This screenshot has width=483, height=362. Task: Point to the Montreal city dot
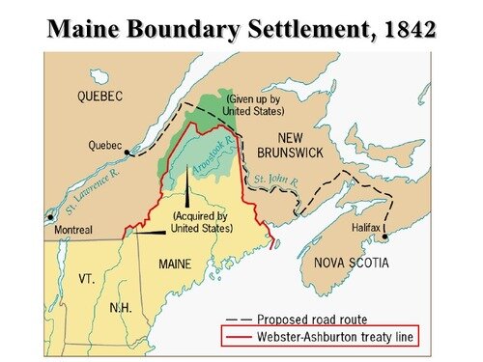coord(49,217)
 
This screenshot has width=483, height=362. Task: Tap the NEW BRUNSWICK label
coord(306,146)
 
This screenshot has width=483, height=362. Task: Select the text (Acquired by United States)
coord(202,222)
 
